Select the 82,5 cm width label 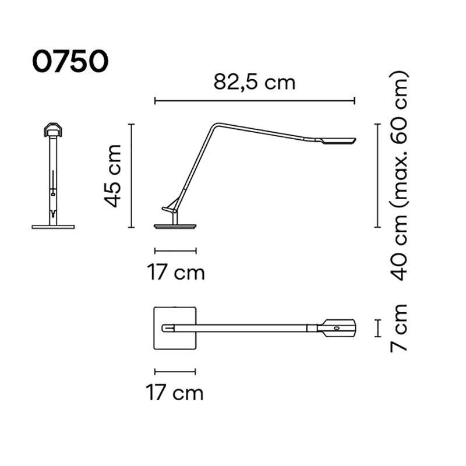255,82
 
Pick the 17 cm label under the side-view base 175,272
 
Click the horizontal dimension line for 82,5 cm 255,101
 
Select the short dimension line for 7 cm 377,329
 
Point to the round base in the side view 175,226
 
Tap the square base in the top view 175,329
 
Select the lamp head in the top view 337,328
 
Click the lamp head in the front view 53,129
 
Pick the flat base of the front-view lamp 53,226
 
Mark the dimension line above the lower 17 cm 175,371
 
